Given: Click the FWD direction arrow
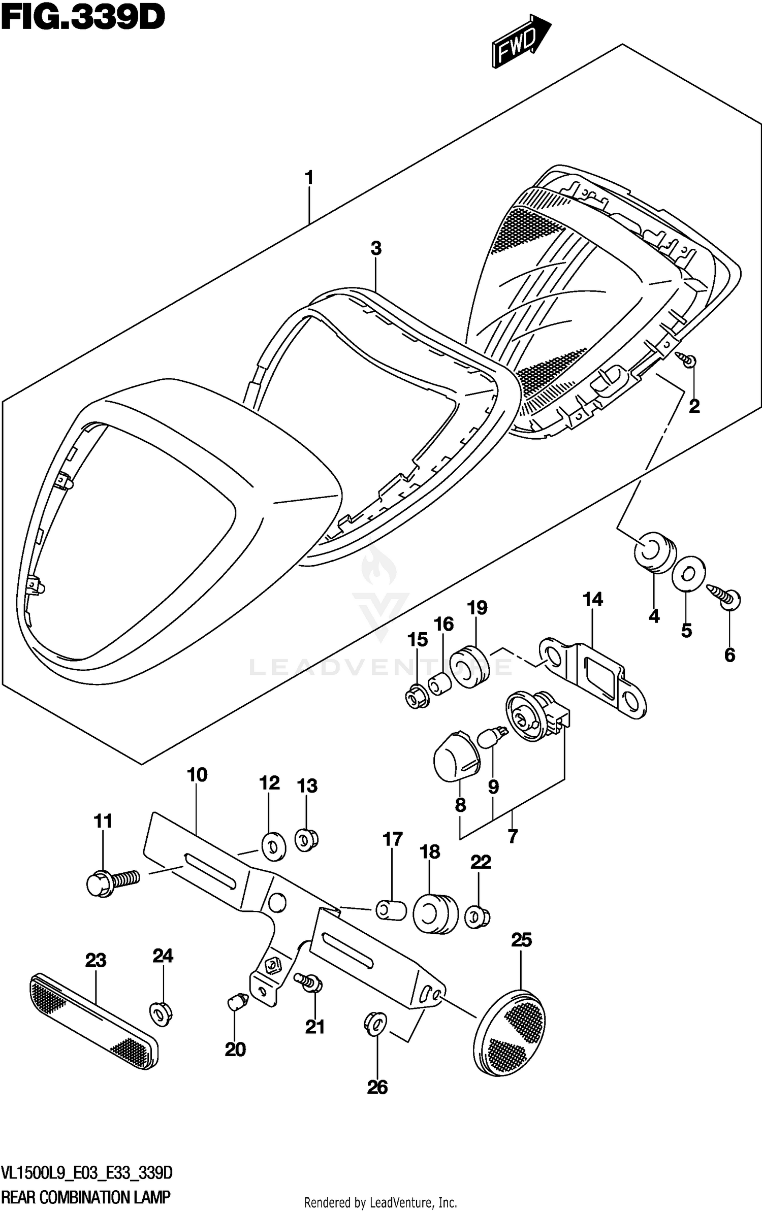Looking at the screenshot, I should pyautogui.click(x=520, y=42).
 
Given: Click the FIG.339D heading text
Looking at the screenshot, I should pyautogui.click(x=83, y=19).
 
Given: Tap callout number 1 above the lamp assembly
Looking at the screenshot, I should pyautogui.click(x=308, y=178).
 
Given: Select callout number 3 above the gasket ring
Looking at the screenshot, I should pyautogui.click(x=375, y=249).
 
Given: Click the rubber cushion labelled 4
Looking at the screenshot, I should pyautogui.click(x=655, y=552).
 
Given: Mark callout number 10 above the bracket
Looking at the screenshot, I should pyautogui.click(x=197, y=775).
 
